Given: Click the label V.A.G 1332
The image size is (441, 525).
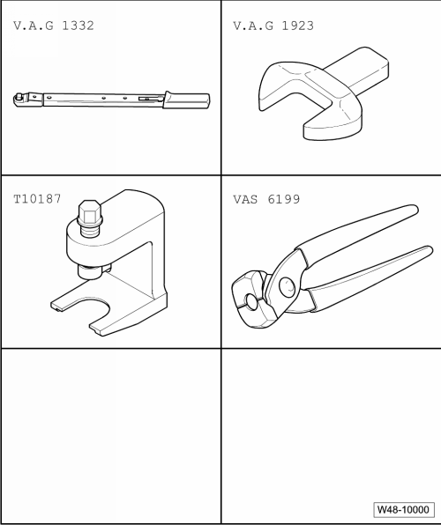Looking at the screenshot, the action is [x=54, y=26].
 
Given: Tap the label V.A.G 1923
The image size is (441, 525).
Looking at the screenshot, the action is [x=273, y=26].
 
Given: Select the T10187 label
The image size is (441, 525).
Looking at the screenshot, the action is [x=37, y=199].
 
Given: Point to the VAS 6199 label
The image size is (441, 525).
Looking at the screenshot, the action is [x=266, y=199].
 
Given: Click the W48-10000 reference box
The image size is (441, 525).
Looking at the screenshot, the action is [x=403, y=509].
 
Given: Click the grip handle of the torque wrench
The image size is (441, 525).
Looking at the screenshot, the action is [x=186, y=100].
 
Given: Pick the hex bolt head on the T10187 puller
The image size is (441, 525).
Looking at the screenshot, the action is [x=90, y=213].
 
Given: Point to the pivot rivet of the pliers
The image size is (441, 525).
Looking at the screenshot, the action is [x=287, y=287].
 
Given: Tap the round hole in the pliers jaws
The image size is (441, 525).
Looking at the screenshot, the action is [x=251, y=301].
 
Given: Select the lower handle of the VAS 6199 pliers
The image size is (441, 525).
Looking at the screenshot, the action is [x=369, y=277].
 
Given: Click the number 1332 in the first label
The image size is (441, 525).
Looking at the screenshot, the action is [x=78, y=26].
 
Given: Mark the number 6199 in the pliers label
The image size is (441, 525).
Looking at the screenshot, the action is [x=284, y=199].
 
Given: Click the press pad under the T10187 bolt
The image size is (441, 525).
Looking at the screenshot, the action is [x=89, y=271].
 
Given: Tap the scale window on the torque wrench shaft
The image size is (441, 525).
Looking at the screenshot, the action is [x=150, y=99].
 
